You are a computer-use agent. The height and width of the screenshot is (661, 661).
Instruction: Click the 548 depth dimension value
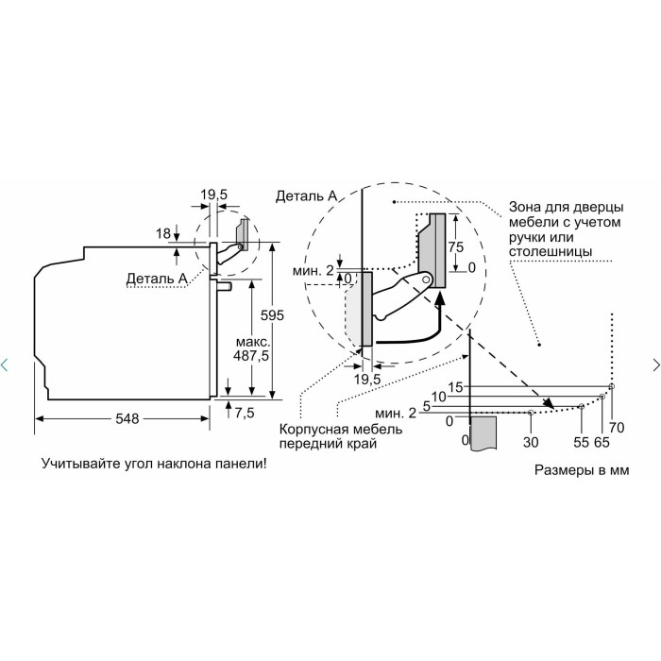(x=127, y=418)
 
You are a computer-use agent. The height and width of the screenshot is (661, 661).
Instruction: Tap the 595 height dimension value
(x=272, y=315)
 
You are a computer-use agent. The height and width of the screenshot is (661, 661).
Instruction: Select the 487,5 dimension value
(x=251, y=356)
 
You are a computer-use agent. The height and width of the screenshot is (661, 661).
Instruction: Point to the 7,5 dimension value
(x=245, y=413)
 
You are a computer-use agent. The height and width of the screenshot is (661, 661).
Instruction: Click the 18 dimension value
(x=163, y=233)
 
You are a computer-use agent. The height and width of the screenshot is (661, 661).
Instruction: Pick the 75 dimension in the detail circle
(x=456, y=247)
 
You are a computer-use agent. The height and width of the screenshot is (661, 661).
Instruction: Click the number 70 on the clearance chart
(x=617, y=428)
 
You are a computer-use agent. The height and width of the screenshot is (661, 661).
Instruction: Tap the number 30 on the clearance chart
(x=531, y=442)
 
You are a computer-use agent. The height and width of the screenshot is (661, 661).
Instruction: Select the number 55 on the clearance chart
(x=581, y=442)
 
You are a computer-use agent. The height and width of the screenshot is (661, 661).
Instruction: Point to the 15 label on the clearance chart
(x=455, y=387)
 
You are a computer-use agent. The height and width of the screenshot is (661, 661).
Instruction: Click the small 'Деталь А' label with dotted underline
(x=157, y=279)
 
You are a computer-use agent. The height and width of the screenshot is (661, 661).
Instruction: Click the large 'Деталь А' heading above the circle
(x=307, y=196)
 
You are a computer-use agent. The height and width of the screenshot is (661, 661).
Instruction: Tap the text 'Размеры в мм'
(x=582, y=470)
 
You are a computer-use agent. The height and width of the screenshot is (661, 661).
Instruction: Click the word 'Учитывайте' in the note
(x=75, y=464)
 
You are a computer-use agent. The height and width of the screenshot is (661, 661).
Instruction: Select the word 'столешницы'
(x=551, y=252)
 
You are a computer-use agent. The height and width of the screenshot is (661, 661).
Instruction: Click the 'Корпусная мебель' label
(x=341, y=430)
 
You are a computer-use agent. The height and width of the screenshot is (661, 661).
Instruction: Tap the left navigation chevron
(x=4, y=364)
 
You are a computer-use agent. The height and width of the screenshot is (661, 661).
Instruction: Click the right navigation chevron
(x=656, y=364)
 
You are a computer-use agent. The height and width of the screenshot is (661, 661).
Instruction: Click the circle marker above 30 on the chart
(x=531, y=413)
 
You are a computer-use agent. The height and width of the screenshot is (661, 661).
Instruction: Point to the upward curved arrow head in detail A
(x=440, y=298)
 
